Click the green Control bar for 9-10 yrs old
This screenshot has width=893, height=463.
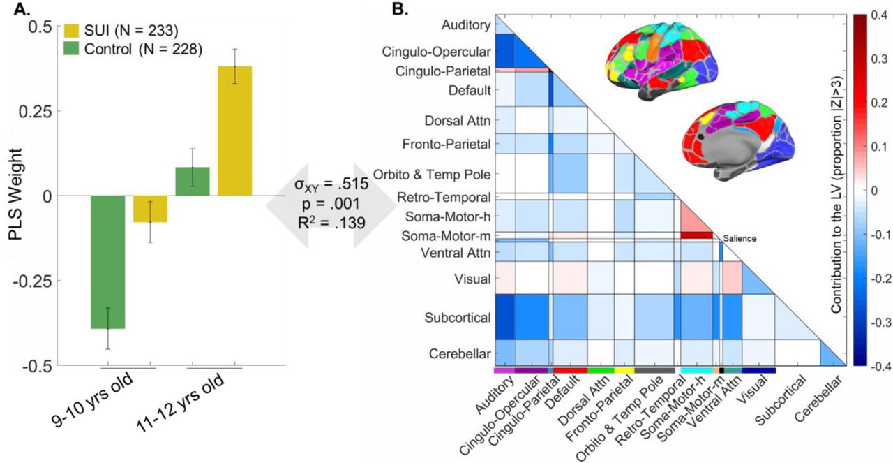tap(107, 262)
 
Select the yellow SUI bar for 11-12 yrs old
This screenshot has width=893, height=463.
tap(235, 131)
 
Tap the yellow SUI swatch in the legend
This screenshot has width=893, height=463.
tap(71, 30)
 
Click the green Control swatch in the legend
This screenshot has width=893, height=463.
tap(71, 49)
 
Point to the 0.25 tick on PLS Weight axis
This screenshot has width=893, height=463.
tap(35, 110)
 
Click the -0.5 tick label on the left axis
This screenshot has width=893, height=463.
tap(38, 366)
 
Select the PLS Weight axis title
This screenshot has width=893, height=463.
tap(16, 194)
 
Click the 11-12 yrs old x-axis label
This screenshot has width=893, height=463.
tap(180, 403)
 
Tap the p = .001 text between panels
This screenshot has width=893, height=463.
tap(331, 204)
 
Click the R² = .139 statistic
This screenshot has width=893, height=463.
tap(331, 222)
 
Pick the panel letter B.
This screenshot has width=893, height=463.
tap(400, 8)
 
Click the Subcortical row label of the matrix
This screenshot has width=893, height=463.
tap(457, 318)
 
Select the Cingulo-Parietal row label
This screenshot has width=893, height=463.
tap(443, 71)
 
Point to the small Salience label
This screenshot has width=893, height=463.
tap(740, 238)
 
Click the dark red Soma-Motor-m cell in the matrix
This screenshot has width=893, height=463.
tap(696, 235)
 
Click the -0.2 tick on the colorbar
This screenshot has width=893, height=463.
tap(878, 278)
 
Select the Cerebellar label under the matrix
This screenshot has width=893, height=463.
tap(818, 399)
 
